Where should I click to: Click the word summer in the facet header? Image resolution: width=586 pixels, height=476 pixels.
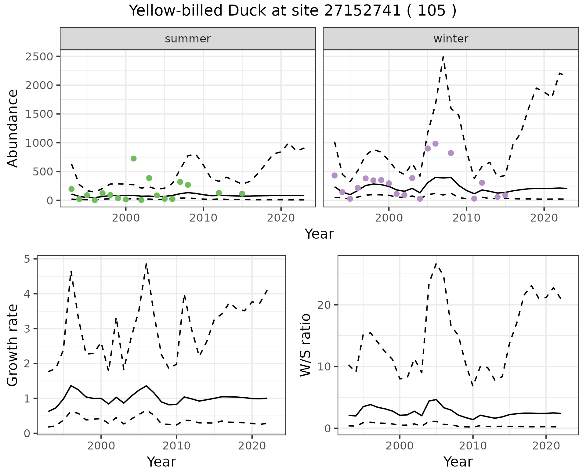click(x=188, y=39)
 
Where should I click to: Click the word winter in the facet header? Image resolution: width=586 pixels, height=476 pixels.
click(x=451, y=39)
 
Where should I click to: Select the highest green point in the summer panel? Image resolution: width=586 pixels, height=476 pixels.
click(x=133, y=158)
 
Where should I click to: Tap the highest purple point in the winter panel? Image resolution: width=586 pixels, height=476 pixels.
click(x=435, y=144)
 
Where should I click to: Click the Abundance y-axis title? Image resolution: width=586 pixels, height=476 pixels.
click(x=13, y=128)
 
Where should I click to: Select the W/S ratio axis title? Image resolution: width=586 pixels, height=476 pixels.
click(x=306, y=345)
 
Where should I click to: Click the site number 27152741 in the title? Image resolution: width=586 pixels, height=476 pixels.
click(x=362, y=11)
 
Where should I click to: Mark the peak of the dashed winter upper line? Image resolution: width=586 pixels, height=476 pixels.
click(x=443, y=56)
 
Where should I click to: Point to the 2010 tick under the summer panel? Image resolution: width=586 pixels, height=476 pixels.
click(x=203, y=218)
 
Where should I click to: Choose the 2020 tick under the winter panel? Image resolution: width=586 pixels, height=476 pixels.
click(x=544, y=218)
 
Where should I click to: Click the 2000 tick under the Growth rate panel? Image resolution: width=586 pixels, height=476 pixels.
click(x=101, y=446)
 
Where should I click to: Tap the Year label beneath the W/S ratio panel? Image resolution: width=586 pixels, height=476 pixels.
click(x=458, y=462)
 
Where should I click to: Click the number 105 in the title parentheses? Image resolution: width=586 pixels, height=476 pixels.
click(x=432, y=11)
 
